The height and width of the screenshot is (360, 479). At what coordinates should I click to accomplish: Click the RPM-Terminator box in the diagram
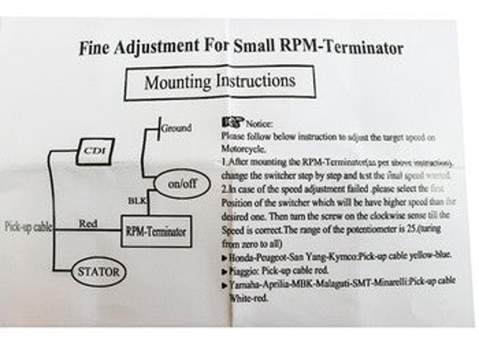pyautogui.click(x=155, y=230)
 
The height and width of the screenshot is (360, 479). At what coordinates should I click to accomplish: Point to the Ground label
pyautogui.click(x=176, y=128)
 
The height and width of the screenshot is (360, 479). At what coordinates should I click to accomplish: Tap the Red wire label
pyautogui.click(x=89, y=224)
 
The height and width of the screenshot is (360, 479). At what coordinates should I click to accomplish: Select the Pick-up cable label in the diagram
pyautogui.click(x=29, y=227)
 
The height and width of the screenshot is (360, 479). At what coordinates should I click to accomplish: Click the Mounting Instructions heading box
pyautogui.click(x=220, y=82)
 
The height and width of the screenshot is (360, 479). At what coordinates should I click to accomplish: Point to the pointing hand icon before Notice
pyautogui.click(x=233, y=123)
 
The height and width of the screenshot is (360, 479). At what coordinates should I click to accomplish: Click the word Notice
pyautogui.click(x=259, y=125)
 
